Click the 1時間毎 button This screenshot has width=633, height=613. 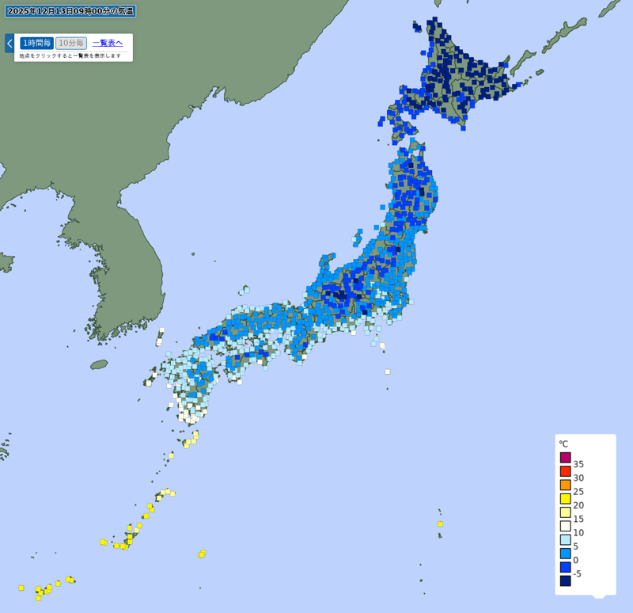36,43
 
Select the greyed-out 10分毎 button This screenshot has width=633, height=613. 71,43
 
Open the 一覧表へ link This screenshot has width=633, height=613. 108,43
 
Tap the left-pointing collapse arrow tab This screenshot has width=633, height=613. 9,43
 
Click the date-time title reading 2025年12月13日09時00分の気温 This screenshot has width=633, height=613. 70,11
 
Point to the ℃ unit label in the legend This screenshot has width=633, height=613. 563,444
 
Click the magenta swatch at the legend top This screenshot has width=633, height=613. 566,457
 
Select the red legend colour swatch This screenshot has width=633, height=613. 566,471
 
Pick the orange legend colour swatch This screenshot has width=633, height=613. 566,485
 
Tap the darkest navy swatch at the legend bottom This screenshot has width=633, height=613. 566,581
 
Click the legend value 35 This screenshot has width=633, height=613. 578,464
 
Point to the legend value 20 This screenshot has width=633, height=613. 578,505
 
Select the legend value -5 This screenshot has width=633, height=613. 578,573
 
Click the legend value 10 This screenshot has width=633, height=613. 578,532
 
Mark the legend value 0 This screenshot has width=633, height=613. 577,560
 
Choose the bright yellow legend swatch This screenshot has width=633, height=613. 566,498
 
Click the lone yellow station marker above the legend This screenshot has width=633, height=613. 440,524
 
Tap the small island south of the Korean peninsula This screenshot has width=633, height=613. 99,364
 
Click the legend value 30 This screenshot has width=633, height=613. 578,478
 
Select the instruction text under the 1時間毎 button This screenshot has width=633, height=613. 70,55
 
